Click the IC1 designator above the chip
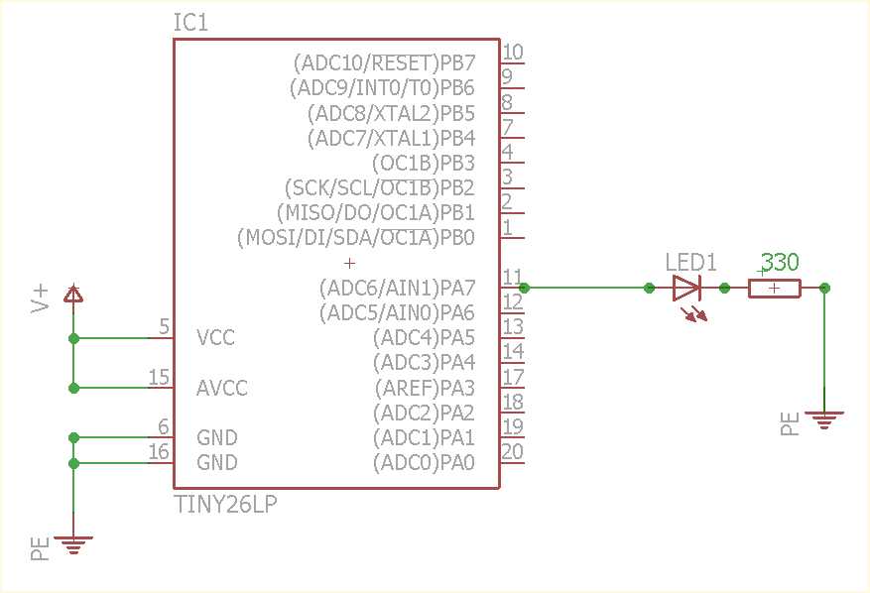[x=190, y=23]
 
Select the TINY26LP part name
[x=225, y=505]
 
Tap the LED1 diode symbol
[x=686, y=289]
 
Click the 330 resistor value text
[x=780, y=263]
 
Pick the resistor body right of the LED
[x=775, y=289]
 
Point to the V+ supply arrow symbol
[x=73, y=294]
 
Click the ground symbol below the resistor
[x=824, y=418]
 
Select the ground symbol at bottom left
[x=73, y=542]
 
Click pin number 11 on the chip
[x=512, y=277]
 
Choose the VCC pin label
[x=215, y=338]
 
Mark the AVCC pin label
[x=221, y=388]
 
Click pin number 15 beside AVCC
[x=159, y=377]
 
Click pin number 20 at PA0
[x=513, y=451]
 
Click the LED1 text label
[x=690, y=263]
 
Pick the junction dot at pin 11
[x=524, y=289]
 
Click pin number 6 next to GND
[x=164, y=426]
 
